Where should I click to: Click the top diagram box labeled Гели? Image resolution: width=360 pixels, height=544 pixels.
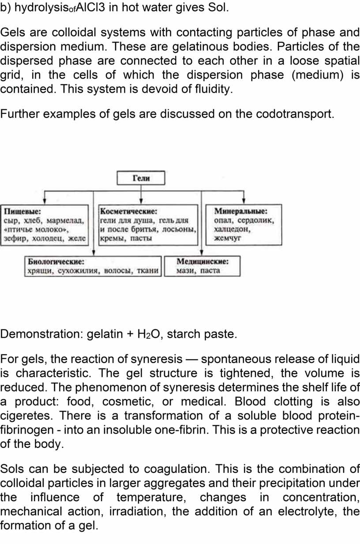141,178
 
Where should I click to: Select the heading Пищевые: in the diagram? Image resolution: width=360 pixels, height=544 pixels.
22,211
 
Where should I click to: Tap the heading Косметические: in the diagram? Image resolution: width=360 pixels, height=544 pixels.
129,211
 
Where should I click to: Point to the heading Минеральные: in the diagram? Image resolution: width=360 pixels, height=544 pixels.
241,211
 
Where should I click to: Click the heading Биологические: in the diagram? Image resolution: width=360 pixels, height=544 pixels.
56,262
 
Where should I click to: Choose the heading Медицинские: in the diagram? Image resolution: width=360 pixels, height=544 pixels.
202,262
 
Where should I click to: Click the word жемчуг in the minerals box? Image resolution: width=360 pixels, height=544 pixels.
227,238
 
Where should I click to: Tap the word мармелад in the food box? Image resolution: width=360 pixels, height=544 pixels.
65,221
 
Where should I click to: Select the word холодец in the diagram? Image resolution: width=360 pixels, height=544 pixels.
48,238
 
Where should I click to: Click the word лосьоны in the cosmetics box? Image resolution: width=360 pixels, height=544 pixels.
179,229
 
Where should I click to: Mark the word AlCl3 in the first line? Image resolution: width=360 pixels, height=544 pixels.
90,8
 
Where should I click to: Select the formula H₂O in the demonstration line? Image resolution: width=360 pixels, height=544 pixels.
149,334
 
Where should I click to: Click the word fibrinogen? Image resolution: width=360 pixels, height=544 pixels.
27,430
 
